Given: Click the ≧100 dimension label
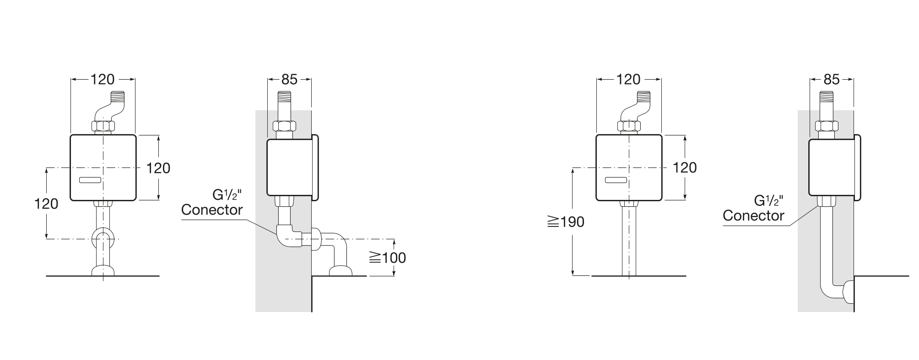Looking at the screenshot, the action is pyautogui.click(x=387, y=258).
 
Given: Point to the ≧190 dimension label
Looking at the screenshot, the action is pyautogui.click(x=566, y=222).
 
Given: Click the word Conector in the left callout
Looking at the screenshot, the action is pyautogui.click(x=212, y=210).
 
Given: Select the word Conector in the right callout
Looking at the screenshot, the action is pyautogui.click(x=753, y=216).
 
